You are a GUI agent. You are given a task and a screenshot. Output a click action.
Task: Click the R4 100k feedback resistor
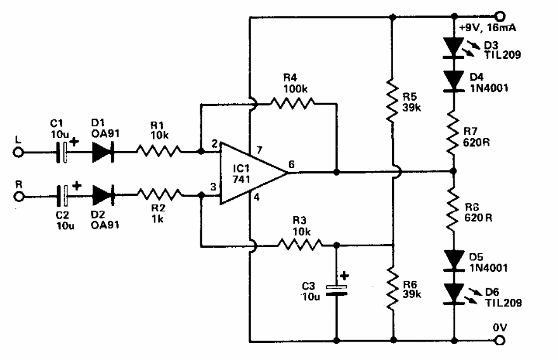tap(292, 102)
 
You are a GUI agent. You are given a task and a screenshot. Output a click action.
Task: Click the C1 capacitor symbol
tap(63, 153)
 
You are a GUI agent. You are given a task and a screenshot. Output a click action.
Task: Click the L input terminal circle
tap(20, 153)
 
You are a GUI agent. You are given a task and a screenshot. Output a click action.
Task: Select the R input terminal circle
tap(20, 197)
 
